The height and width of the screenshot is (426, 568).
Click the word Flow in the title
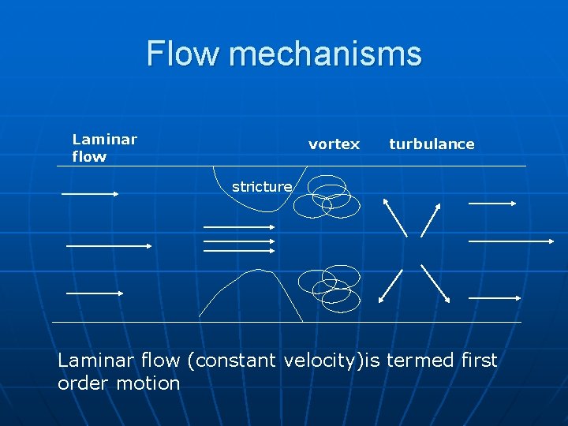coord(183,54)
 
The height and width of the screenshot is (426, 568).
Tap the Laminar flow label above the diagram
coord(104,148)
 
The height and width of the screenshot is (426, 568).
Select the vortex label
coord(334,144)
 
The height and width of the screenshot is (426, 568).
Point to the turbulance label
coord(432,144)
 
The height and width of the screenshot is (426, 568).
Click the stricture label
coord(261,187)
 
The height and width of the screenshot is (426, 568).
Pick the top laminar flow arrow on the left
coord(90,193)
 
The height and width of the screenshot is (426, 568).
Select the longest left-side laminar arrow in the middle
coord(109,246)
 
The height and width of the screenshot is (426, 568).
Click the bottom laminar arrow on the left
coord(95,293)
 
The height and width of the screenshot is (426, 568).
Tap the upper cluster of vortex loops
coord(326,196)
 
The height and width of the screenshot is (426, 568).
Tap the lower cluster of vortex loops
coord(329,288)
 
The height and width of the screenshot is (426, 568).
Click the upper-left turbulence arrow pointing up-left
coord(394,216)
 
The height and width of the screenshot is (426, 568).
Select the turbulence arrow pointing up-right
coord(431,219)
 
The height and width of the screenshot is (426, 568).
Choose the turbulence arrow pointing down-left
coord(391,286)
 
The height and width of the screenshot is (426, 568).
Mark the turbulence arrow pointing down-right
coord(435,284)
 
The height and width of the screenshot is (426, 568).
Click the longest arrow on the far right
coord(511,241)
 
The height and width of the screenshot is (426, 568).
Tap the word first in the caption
coord(478,361)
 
